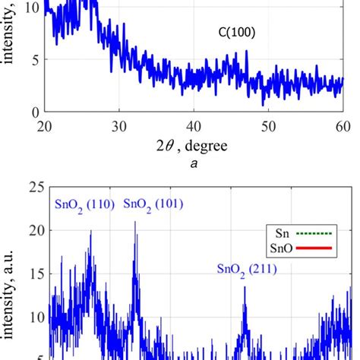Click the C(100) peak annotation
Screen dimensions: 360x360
click(232, 33)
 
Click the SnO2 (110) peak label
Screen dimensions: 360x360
click(85, 205)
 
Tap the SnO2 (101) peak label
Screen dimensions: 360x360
click(154, 205)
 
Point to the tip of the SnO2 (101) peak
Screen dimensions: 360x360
click(135, 222)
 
